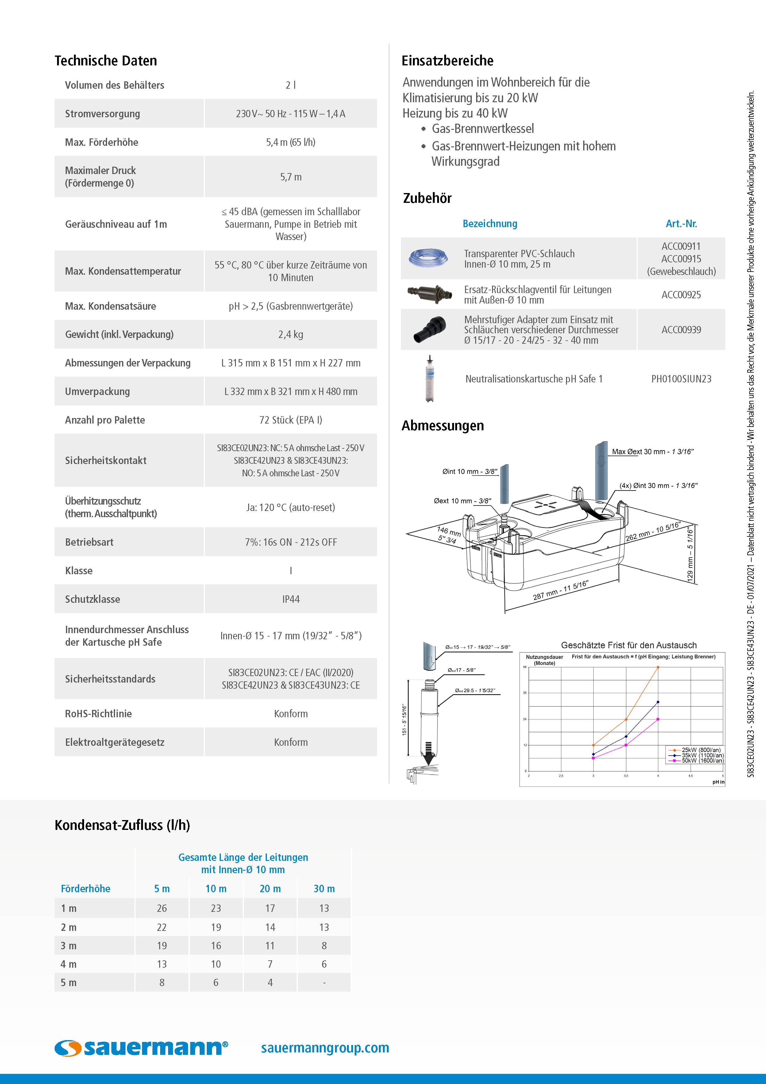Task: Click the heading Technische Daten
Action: point(106,60)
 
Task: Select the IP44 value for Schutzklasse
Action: point(291,599)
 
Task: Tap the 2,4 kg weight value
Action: point(291,334)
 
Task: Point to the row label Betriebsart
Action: point(89,542)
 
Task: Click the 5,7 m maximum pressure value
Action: point(291,177)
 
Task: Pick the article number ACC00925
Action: point(681,295)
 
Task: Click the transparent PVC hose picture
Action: point(425,258)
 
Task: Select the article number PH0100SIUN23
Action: point(681,379)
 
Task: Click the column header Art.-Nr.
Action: point(681,224)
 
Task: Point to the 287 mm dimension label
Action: point(560,590)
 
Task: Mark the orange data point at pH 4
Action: point(658,667)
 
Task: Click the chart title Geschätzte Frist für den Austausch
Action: point(629,645)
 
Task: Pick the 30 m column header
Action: point(324,888)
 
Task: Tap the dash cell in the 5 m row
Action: point(324,982)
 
